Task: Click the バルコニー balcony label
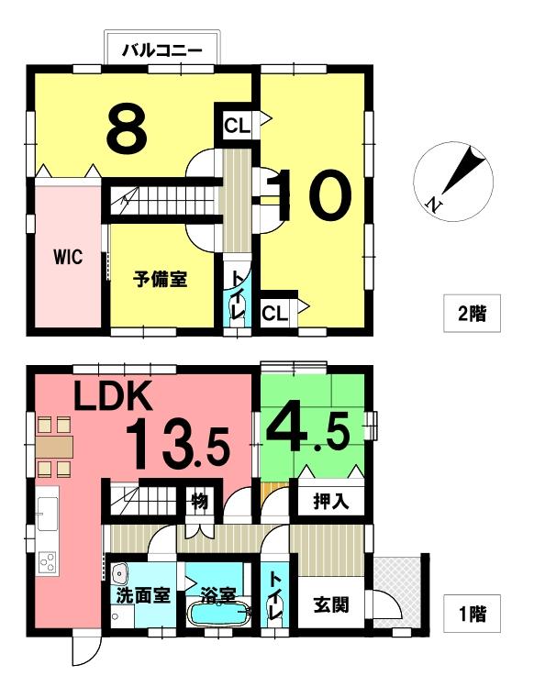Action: click(x=162, y=50)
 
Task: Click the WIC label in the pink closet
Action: click(x=68, y=257)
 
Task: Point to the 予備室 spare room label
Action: click(x=160, y=279)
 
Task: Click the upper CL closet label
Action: click(x=237, y=127)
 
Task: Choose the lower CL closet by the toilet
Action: click(x=274, y=315)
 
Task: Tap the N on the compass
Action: click(x=433, y=204)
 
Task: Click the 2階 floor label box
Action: click(x=473, y=313)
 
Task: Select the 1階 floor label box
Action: click(x=473, y=614)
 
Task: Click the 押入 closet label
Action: click(x=331, y=502)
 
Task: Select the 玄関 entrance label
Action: click(x=331, y=605)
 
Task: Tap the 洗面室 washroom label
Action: click(x=143, y=595)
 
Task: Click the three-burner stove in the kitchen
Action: click(x=47, y=561)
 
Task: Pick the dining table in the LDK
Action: click(x=54, y=447)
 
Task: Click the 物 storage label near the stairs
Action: click(x=200, y=501)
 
